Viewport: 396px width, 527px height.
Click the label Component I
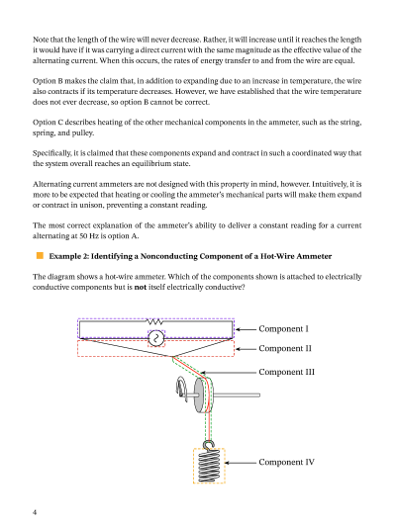(283, 328)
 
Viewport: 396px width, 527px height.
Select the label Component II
(285, 349)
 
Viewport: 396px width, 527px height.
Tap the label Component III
(287, 372)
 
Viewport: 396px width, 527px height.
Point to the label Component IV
(287, 462)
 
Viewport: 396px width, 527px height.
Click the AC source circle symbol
(156, 338)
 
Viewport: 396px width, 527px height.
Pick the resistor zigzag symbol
(154, 322)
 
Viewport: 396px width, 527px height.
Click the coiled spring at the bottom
(209, 466)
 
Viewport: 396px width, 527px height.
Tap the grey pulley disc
(200, 395)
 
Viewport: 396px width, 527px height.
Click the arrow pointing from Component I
(246, 329)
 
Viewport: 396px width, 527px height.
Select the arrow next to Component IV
(241, 463)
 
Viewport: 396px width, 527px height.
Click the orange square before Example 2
(40, 256)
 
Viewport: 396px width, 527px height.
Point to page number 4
(35, 512)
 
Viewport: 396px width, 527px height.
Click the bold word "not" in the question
(141, 287)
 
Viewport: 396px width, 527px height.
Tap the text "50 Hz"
(88, 236)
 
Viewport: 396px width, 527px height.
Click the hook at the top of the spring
(209, 445)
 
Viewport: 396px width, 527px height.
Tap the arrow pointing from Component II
(246, 349)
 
